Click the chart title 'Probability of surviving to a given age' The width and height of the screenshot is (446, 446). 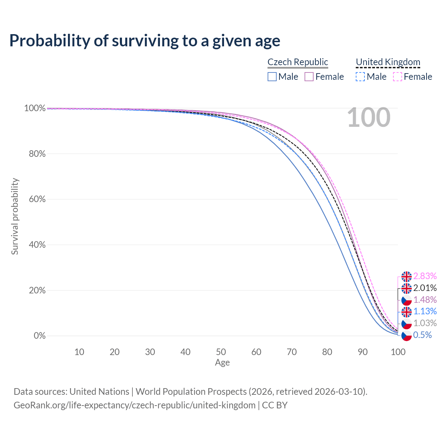tap(145, 41)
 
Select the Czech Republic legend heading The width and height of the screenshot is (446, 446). tap(298, 62)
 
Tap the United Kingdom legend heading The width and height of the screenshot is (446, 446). tap(388, 62)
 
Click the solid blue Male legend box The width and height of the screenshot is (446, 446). tap(272, 77)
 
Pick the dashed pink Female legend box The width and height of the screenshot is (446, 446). tap(398, 77)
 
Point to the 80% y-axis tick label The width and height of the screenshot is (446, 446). tap(37, 154)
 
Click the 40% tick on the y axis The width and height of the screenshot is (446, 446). tap(37, 245)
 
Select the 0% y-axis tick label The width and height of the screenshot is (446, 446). tap(40, 336)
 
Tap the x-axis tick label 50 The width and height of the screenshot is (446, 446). tap(221, 352)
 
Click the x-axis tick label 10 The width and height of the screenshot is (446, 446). tap(79, 352)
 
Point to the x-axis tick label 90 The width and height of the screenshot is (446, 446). tap(363, 352)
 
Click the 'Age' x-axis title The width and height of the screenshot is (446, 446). tap(222, 362)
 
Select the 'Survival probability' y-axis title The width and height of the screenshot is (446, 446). tap(15, 216)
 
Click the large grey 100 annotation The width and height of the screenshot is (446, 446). tap(369, 117)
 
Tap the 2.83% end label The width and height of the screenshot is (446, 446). tap(425, 276)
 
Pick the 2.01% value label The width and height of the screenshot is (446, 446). tap(425, 288)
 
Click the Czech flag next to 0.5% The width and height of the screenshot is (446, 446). tap(406, 335)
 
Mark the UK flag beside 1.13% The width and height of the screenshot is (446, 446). tap(406, 312)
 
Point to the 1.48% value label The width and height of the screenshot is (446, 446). tap(425, 300)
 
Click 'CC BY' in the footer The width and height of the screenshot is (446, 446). tap(275, 405)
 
